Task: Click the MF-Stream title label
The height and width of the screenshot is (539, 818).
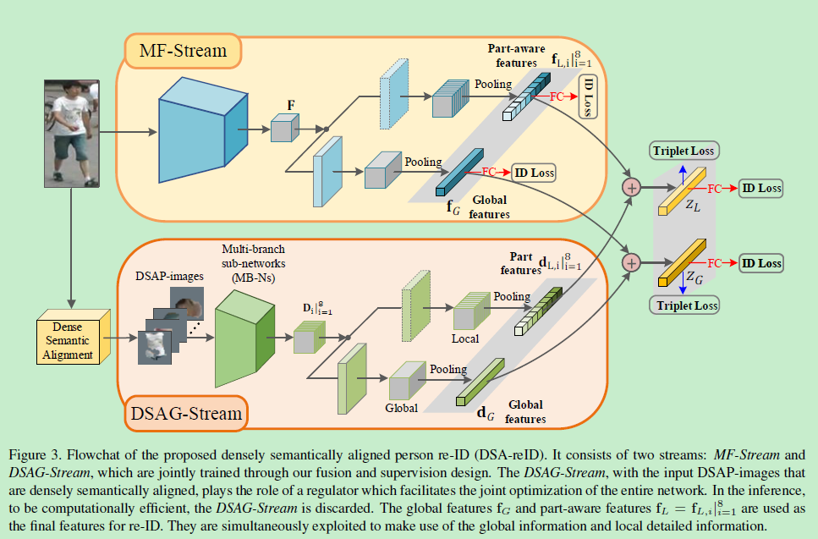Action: pos(183,51)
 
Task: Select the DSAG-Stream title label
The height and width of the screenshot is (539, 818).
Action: pos(187,415)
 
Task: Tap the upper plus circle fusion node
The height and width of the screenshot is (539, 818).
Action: pos(631,187)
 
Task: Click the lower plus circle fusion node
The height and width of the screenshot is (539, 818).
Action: pos(631,263)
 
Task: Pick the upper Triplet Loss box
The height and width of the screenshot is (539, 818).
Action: pos(683,151)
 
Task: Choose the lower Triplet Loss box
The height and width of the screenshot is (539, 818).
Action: pos(683,305)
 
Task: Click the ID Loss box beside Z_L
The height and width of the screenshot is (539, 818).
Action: pos(761,188)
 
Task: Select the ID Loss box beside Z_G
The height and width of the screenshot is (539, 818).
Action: pos(761,263)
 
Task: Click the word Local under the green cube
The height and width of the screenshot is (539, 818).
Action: pos(465,338)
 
